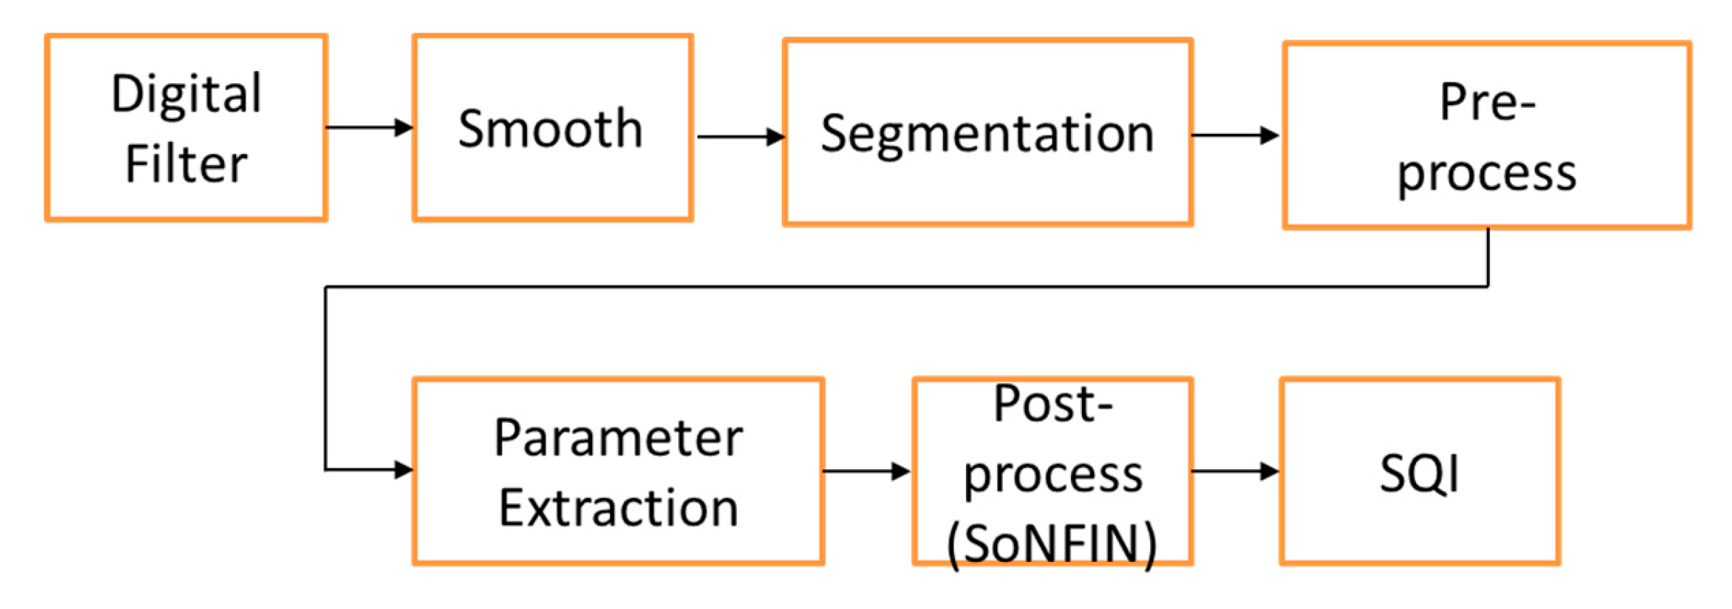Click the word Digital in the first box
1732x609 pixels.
tap(186, 95)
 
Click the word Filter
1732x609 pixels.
tap(186, 164)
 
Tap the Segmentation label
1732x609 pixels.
tap(987, 135)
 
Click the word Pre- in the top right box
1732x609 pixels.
tap(1487, 103)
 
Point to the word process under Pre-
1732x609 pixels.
tap(1487, 174)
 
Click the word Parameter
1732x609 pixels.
tap(618, 439)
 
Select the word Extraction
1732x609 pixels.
tap(618, 508)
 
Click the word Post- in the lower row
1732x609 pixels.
tap(1052, 404)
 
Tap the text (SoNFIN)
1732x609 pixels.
tap(1052, 545)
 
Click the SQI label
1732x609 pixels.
tap(1419, 474)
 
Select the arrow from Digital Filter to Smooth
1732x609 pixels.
tap(369, 128)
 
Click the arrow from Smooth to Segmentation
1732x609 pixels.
tap(739, 136)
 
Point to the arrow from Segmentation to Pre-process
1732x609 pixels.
tap(1235, 135)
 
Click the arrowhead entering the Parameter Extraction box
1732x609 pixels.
tap(404, 470)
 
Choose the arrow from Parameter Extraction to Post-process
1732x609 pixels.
tap(866, 471)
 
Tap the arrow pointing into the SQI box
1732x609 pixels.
tap(1235, 471)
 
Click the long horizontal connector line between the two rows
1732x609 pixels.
tap(906, 287)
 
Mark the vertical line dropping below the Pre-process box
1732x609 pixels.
tap(1488, 258)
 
